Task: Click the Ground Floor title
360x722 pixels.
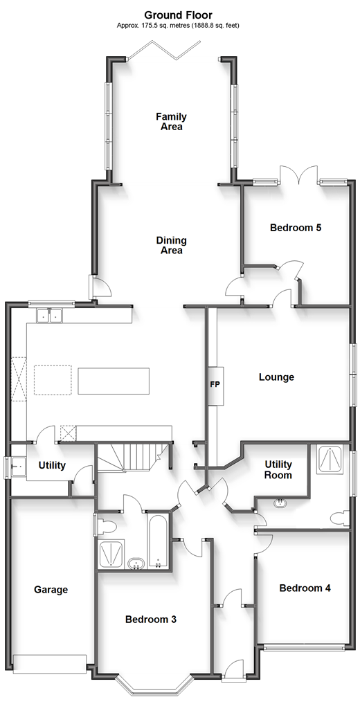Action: tap(178, 15)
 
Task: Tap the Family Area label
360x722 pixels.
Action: tap(171, 122)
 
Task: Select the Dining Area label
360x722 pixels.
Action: tap(171, 245)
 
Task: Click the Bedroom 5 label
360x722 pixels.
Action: tap(296, 228)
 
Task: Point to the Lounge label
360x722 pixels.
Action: tap(276, 377)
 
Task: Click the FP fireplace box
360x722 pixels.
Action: tap(215, 386)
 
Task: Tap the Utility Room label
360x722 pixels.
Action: tap(278, 469)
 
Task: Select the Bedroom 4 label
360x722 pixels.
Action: tap(305, 588)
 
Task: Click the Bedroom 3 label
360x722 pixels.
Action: tap(150, 620)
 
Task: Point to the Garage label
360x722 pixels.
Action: tap(51, 589)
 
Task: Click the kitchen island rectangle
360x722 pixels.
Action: tap(114, 381)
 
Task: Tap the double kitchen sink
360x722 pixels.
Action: tap(48, 316)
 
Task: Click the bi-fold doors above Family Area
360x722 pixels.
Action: tap(164, 51)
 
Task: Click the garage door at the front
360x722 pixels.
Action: tap(50, 664)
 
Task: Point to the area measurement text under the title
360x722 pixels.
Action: tap(178, 26)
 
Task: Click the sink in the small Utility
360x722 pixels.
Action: tap(17, 467)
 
